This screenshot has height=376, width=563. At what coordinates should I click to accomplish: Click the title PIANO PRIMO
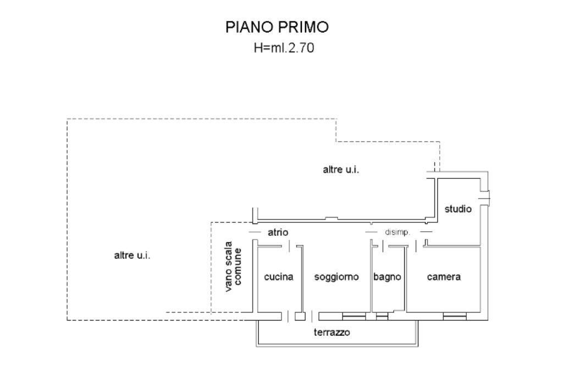point(277,28)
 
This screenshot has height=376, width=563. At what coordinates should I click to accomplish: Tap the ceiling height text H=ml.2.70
point(284,48)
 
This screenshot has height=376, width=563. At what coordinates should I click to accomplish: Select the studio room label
point(458,209)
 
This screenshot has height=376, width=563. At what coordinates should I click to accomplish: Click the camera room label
point(444,277)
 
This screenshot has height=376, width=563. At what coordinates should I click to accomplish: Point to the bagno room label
point(387,277)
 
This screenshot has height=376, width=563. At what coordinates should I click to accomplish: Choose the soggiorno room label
point(336,277)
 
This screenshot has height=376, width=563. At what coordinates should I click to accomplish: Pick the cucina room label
point(279,277)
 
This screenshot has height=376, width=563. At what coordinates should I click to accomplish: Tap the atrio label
point(278,232)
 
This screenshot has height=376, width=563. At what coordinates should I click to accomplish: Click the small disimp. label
point(401,232)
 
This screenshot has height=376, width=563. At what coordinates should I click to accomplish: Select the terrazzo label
point(332,333)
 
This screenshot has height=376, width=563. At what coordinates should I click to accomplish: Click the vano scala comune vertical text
point(233,266)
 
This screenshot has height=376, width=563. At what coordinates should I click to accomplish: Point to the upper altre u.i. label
point(341,170)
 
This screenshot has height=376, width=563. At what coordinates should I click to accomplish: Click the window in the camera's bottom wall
point(455,316)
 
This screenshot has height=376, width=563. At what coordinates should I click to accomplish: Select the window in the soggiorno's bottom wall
point(354,316)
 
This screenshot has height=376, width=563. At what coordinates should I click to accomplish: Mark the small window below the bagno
point(382,316)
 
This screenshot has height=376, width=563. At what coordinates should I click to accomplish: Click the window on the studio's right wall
point(484,195)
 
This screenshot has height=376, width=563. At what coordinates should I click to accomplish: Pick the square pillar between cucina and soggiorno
point(300,316)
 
